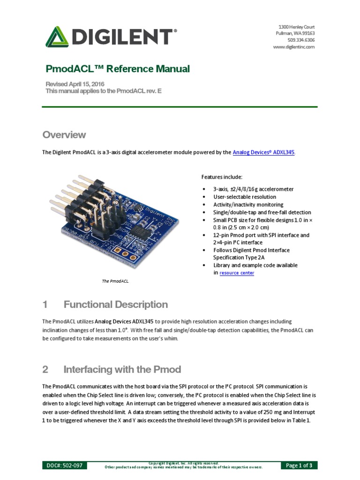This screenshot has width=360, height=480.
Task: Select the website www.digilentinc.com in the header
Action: [x=293, y=47]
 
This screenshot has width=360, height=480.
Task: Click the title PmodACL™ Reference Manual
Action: [x=118, y=69]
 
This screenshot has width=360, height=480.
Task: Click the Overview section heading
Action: [x=64, y=135]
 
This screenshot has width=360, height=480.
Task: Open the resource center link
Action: [x=237, y=273]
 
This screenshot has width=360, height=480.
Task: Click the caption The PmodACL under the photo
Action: [x=115, y=281]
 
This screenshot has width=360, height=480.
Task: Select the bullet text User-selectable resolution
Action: [x=245, y=197]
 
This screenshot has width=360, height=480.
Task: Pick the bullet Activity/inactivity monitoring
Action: [x=248, y=205]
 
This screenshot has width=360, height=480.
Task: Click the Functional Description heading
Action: [x=115, y=305]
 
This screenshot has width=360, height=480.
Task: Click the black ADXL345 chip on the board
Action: [x=139, y=230]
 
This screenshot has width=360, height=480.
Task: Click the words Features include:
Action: [x=222, y=177]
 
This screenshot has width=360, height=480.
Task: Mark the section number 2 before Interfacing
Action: [x=45, y=369]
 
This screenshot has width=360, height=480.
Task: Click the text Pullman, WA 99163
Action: [x=295, y=33]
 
